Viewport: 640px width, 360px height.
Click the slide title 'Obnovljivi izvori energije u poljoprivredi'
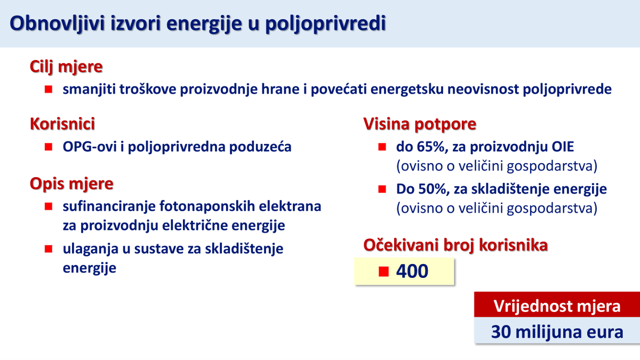[197, 24]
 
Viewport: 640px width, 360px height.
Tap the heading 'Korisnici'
[62, 124]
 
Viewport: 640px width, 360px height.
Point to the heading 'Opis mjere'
[71, 184]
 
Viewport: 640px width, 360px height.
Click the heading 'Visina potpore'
[420, 124]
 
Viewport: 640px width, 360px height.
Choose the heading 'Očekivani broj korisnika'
[455, 245]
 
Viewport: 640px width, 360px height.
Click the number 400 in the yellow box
[412, 271]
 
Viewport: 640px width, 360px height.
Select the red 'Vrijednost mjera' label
[557, 307]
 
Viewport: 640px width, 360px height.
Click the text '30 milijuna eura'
[557, 332]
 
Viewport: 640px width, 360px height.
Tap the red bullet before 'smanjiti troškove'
[49, 89]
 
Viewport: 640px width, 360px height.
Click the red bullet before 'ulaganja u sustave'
[49, 249]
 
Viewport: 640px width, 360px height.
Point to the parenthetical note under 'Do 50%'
[496, 207]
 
